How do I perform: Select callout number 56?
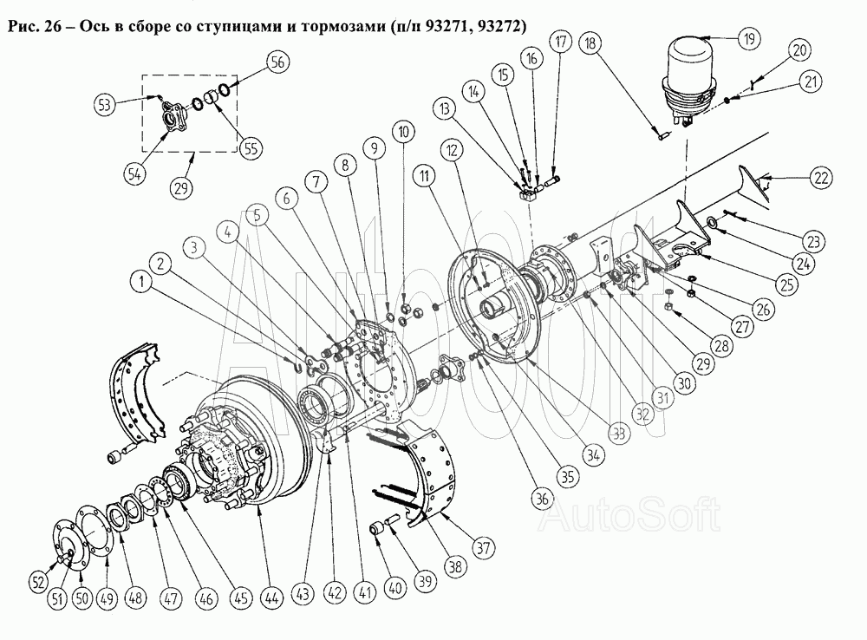[x=278, y=61]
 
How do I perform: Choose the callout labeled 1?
[x=137, y=280]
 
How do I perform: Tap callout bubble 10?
[x=403, y=132]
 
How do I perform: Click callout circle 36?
[x=541, y=498]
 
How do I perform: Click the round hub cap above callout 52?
[x=64, y=545]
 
